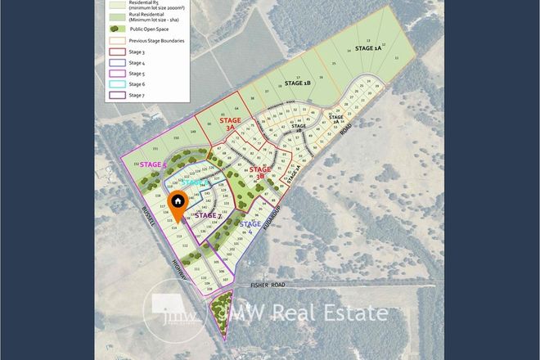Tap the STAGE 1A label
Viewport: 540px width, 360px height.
[367, 49]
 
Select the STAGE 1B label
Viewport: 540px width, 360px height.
[298, 83]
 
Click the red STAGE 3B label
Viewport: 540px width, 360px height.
[259, 172]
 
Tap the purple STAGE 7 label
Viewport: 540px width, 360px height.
[208, 215]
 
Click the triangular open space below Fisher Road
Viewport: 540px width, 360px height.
[220, 314]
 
